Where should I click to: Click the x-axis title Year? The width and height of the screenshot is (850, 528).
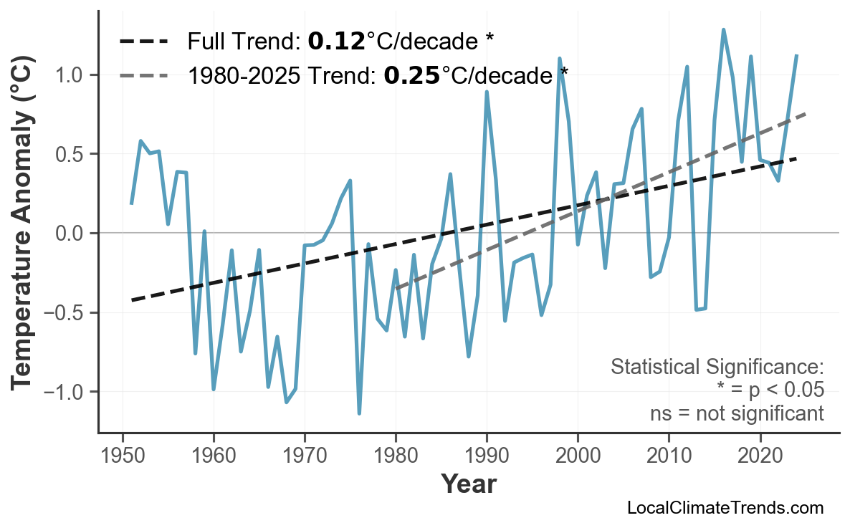coord(468,485)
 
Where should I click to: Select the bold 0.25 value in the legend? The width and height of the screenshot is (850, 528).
coord(411,75)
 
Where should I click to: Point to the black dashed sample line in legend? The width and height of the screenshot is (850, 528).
coord(144,42)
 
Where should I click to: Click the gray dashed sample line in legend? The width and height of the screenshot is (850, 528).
coord(144,75)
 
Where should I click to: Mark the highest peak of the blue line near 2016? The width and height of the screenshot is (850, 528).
coord(723,30)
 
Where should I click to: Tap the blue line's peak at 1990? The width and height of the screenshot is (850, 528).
coord(487,92)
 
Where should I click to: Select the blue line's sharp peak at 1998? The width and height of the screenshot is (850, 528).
coord(559,59)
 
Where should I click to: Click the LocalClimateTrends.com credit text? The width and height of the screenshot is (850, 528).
coord(725,509)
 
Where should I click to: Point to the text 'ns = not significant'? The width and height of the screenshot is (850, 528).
coord(737,413)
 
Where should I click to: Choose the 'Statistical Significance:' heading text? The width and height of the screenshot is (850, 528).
coord(717,368)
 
